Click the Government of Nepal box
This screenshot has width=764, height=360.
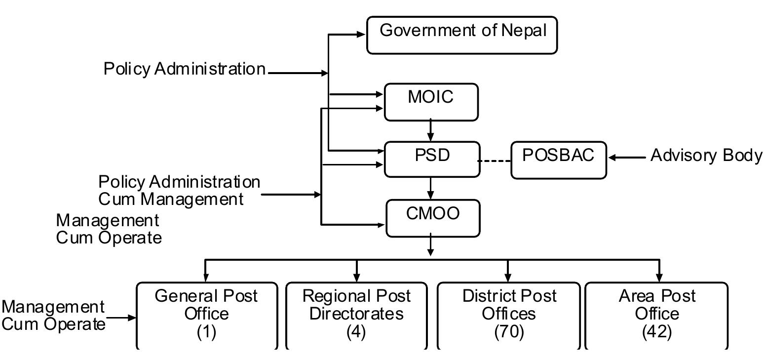[x=462, y=35]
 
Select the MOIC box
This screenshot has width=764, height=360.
[x=431, y=102]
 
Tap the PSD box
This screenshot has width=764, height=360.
[x=431, y=159]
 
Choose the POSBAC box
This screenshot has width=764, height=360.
[x=558, y=160]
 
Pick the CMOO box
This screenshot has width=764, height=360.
[x=432, y=218]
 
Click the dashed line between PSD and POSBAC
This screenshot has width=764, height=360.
[x=495, y=161]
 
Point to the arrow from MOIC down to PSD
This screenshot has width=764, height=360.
[x=431, y=131]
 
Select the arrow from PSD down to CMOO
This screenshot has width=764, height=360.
[x=431, y=188]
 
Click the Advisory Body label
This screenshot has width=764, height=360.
[x=706, y=155]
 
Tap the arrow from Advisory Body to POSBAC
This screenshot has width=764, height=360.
[x=627, y=158]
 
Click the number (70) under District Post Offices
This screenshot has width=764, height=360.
[x=509, y=332]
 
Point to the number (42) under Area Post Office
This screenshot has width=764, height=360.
[x=657, y=332]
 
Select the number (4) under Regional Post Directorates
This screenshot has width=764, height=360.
[x=356, y=332]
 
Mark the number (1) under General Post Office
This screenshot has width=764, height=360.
[x=206, y=332]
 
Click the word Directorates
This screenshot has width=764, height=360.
[x=356, y=314]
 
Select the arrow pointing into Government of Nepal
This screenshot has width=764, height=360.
[x=348, y=35]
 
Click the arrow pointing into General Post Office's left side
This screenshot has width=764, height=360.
[x=121, y=318]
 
